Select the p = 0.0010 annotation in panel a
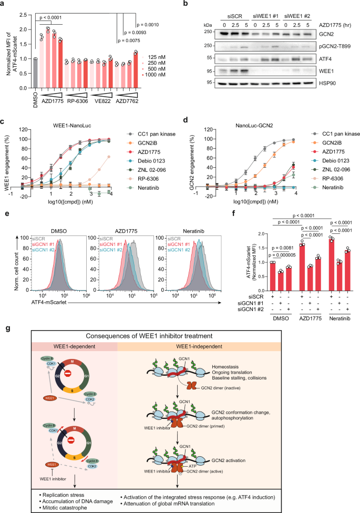[x=148, y=24]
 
